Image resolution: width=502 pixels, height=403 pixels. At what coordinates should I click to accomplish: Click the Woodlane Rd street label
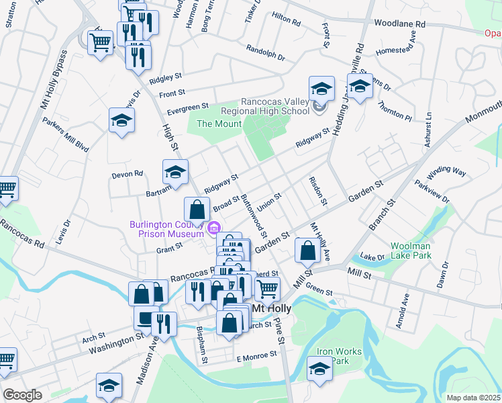400,24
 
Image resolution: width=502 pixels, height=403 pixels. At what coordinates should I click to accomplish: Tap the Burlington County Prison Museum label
168,229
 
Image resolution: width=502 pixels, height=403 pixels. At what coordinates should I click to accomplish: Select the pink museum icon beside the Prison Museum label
214,228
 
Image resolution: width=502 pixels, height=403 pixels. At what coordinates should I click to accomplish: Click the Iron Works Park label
339,356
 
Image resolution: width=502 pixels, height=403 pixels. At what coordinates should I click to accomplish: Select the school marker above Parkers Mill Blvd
121,120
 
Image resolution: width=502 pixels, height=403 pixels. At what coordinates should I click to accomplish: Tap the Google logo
23,394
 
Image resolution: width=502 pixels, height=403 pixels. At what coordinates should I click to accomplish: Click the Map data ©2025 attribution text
473,398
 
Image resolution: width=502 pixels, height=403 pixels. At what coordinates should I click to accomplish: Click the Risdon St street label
317,191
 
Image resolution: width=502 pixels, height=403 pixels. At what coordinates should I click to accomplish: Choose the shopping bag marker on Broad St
195,210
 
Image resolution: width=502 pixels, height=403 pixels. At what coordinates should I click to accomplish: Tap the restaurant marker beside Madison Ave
163,324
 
